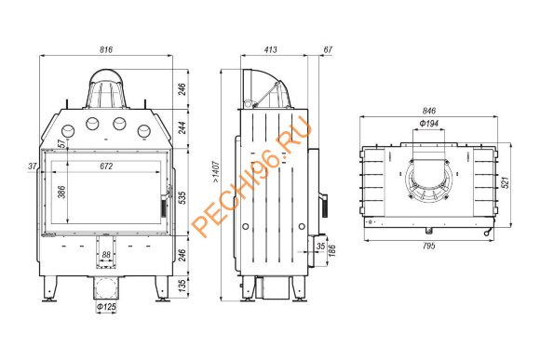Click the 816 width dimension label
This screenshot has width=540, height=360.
tap(106, 49)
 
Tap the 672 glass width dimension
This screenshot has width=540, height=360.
tap(106, 167)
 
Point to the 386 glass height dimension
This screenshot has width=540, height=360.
tap(61, 192)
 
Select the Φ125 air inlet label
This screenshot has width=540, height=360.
tap(106, 306)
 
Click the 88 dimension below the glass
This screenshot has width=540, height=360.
tap(106, 255)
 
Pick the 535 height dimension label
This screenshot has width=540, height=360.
tap(182, 197)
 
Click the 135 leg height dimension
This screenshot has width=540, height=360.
tap(182, 286)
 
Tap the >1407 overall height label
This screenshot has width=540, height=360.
tap(216, 171)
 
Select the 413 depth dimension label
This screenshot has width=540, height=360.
tap(271, 49)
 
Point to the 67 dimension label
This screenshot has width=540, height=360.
tap(328, 49)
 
